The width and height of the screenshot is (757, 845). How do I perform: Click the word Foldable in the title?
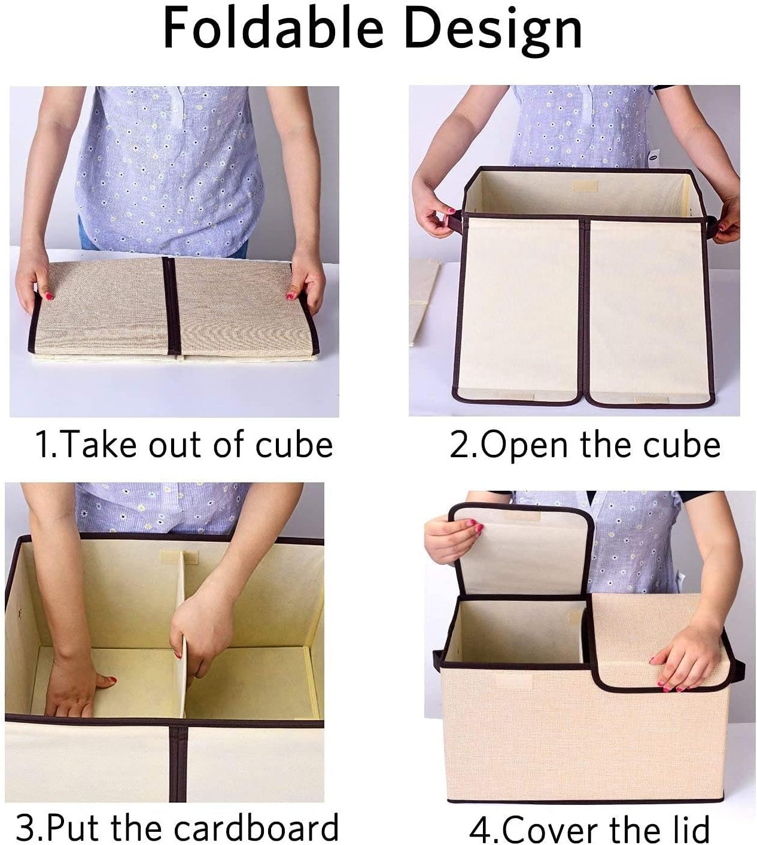(x=273, y=29)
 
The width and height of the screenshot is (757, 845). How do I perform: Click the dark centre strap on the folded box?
(x=171, y=306)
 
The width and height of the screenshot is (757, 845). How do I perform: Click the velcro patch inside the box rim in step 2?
(x=585, y=186)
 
